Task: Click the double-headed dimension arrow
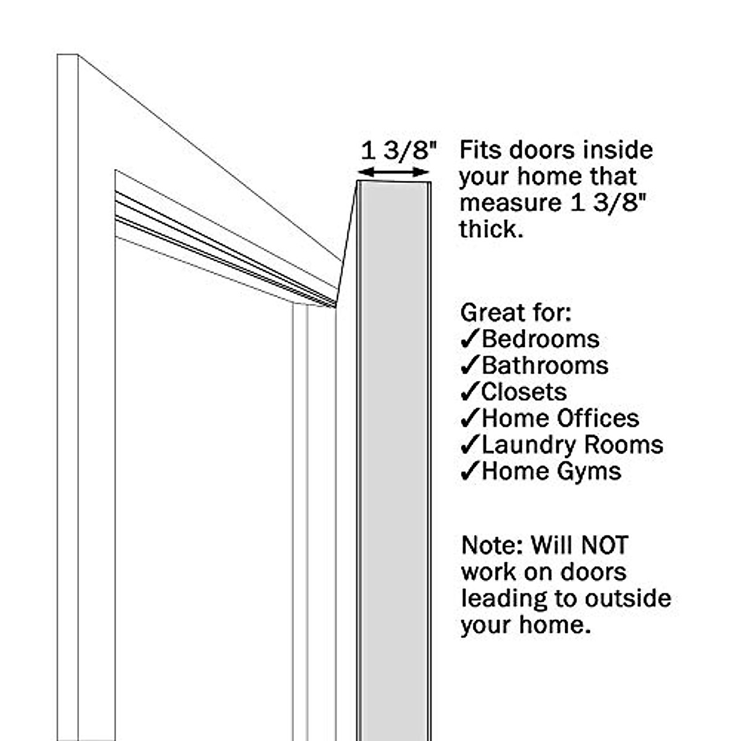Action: pyautogui.click(x=395, y=172)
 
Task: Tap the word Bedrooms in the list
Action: pyautogui.click(x=540, y=339)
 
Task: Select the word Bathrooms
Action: pyautogui.click(x=545, y=366)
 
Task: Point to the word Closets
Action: pyautogui.click(x=524, y=392)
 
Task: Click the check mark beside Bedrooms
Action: pyautogui.click(x=470, y=339)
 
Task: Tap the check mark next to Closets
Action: pyautogui.click(x=470, y=392)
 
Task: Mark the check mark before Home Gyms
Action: pyautogui.click(x=470, y=472)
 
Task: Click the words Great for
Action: pyautogui.click(x=515, y=312)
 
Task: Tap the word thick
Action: pyautogui.click(x=487, y=229)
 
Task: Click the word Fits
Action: pyautogui.click(x=480, y=150)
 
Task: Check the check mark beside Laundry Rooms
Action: pyautogui.click(x=470, y=445)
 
